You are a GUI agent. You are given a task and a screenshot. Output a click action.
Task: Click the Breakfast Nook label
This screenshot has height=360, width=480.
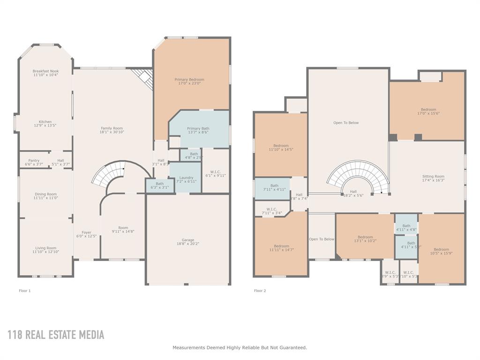[x=45, y=71]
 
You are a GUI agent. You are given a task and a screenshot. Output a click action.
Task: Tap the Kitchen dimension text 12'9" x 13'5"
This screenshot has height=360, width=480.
[x=45, y=126]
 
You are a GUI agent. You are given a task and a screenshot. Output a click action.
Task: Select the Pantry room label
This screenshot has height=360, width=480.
[x=34, y=160]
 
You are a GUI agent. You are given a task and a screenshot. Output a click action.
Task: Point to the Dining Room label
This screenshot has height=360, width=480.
[x=45, y=194]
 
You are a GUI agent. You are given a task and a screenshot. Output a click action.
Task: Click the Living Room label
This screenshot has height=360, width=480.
[x=45, y=248]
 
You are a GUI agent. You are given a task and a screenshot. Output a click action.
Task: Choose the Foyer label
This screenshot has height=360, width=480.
[x=86, y=232]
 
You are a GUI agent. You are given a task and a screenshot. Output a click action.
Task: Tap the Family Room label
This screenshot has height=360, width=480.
[x=112, y=128]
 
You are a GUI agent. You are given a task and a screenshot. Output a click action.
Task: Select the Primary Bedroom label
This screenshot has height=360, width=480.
[x=189, y=80]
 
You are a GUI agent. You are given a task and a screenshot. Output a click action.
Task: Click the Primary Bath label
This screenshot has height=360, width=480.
[x=198, y=128]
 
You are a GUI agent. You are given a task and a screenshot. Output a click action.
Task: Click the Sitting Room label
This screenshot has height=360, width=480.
[x=433, y=176]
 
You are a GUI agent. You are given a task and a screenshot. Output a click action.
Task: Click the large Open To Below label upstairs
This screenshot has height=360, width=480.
[x=346, y=123]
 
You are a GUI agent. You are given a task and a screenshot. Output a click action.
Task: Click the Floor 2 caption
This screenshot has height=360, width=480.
[x=260, y=291]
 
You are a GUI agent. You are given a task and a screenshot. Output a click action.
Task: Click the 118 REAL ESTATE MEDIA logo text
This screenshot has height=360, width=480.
[x=56, y=335]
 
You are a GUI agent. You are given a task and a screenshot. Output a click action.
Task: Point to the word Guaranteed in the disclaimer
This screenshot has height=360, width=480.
[x=292, y=347]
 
